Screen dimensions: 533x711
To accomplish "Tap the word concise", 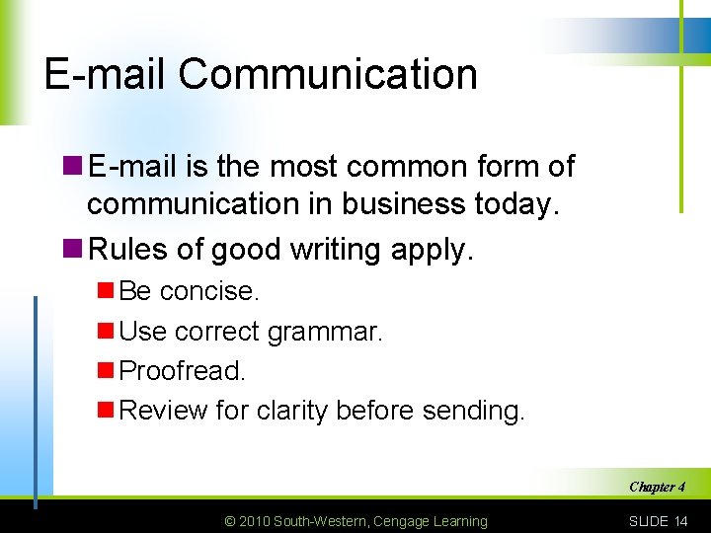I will click(209, 291).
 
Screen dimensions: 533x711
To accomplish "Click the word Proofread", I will click(182, 371).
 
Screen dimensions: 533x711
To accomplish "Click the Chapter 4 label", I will click(657, 487).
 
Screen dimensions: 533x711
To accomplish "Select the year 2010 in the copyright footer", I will click(253, 521).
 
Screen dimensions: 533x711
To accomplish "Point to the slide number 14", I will click(680, 521).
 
